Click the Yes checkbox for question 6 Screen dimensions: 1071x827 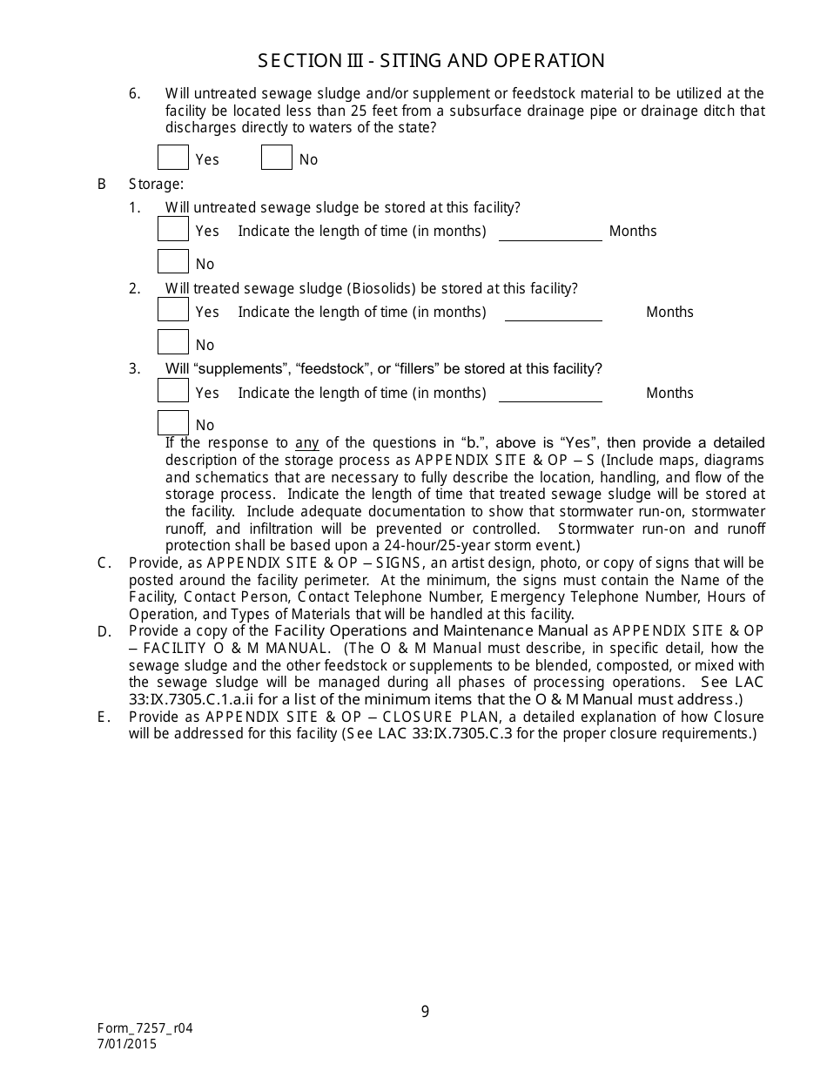coord(173,158)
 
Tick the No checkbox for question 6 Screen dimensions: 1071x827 coord(277,158)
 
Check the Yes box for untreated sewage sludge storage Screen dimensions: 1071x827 coord(173,229)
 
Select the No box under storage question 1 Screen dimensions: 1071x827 coord(173,261)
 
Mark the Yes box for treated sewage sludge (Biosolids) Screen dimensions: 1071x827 coord(173,310)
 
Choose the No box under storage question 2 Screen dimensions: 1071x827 coord(173,342)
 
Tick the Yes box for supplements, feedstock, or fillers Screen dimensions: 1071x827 coord(173,391)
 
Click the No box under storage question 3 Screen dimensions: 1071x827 coord(173,423)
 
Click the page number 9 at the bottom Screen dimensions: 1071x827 coord(425,1012)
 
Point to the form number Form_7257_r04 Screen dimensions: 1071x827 coord(145,1028)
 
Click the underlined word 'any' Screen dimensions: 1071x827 coord(307,443)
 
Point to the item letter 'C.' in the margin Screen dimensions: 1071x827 coord(104,563)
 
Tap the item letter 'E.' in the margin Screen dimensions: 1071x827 coord(104,717)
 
